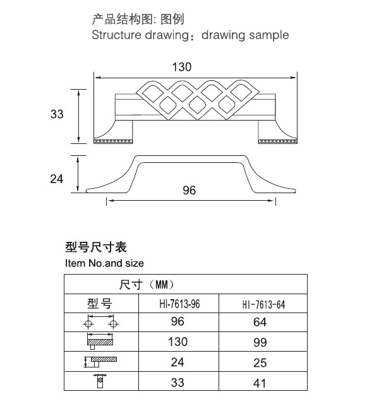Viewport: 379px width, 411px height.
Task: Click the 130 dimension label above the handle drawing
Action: (x=181, y=67)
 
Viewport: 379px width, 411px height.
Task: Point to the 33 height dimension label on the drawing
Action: (x=57, y=114)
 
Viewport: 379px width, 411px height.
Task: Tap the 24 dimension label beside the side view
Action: (x=57, y=179)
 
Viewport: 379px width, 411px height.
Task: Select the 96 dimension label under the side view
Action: (x=189, y=190)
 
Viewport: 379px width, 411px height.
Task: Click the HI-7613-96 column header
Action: (x=179, y=304)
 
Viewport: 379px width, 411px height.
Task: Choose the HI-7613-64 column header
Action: (x=263, y=304)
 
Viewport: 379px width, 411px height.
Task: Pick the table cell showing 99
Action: (x=260, y=342)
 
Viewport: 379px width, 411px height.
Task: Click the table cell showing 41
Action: (x=260, y=383)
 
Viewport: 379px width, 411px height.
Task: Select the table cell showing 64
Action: (x=260, y=322)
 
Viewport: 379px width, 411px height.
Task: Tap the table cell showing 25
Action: (x=260, y=363)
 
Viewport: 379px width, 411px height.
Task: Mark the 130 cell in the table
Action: (x=178, y=342)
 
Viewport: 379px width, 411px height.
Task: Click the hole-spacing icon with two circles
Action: (x=100, y=322)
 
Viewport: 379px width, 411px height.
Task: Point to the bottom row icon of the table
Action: (x=100, y=381)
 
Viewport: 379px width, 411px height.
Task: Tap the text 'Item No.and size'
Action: (x=104, y=263)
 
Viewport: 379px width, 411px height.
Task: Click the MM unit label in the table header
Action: (x=161, y=284)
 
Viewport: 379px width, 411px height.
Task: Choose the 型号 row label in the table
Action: (x=100, y=304)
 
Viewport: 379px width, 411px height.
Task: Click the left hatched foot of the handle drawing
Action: (x=113, y=141)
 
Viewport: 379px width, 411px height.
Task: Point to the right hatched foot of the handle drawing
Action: (x=278, y=141)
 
